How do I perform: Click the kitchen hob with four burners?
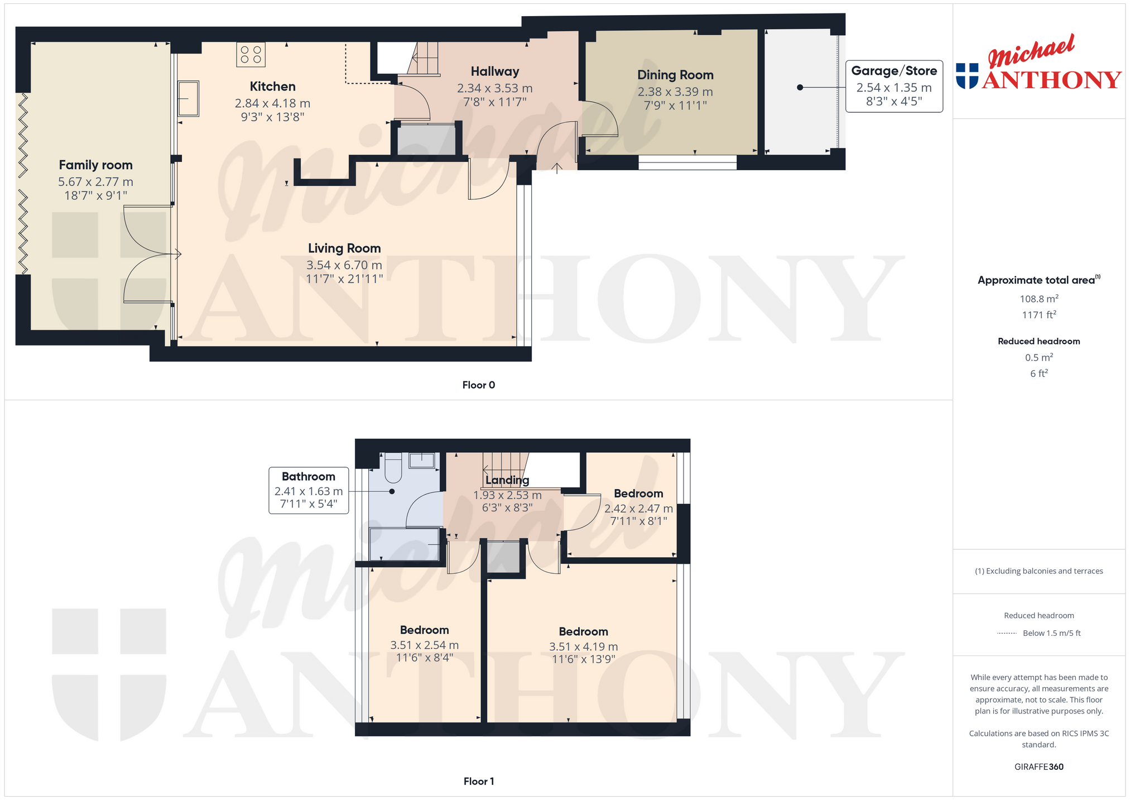(x=251, y=54)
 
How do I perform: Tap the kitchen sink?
(x=189, y=98)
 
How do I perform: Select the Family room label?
(x=96, y=165)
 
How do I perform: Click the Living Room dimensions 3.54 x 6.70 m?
(x=344, y=265)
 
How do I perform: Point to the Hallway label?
(x=495, y=71)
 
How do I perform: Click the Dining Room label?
(x=675, y=75)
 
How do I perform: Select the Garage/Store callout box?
(x=894, y=87)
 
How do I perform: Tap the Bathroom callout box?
(x=309, y=491)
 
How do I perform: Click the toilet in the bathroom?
(x=393, y=467)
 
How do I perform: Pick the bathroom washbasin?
(x=422, y=461)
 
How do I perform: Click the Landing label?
(x=507, y=480)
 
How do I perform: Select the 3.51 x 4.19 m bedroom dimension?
(x=584, y=647)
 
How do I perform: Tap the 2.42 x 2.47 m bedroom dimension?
(x=638, y=509)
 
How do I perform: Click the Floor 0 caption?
(x=479, y=385)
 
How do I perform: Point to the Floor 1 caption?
(x=479, y=782)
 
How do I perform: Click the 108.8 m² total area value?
(x=1039, y=299)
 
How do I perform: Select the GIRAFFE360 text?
(x=1039, y=767)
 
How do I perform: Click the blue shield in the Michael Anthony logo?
(x=967, y=76)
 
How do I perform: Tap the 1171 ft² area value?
(x=1039, y=315)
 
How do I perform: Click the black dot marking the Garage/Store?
(x=800, y=88)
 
